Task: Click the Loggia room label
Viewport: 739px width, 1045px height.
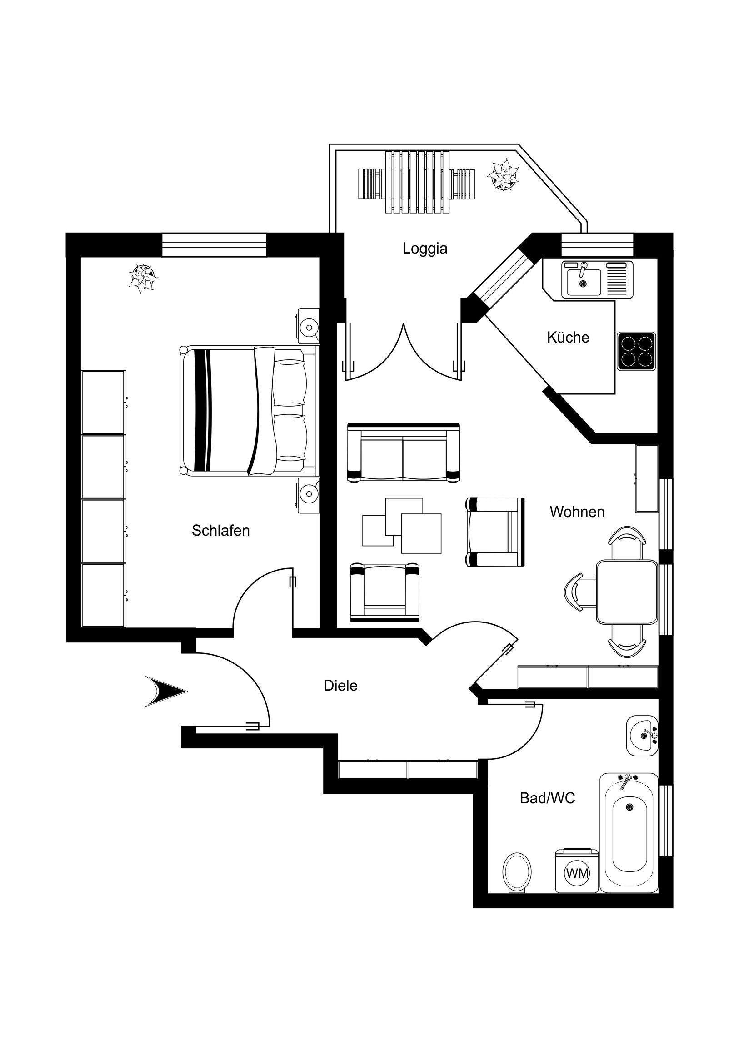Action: pos(425,249)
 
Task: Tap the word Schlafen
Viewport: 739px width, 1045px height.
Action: pos(220,530)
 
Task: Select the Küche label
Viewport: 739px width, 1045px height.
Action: pos(568,337)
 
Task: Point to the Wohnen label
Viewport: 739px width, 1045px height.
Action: pos(577,512)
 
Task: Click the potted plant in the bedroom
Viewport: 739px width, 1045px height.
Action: pos(144,277)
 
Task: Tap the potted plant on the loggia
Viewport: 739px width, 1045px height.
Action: pos(503,175)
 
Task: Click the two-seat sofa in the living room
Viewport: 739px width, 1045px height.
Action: pos(404,453)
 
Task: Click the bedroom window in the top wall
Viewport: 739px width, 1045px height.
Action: pos(214,244)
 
